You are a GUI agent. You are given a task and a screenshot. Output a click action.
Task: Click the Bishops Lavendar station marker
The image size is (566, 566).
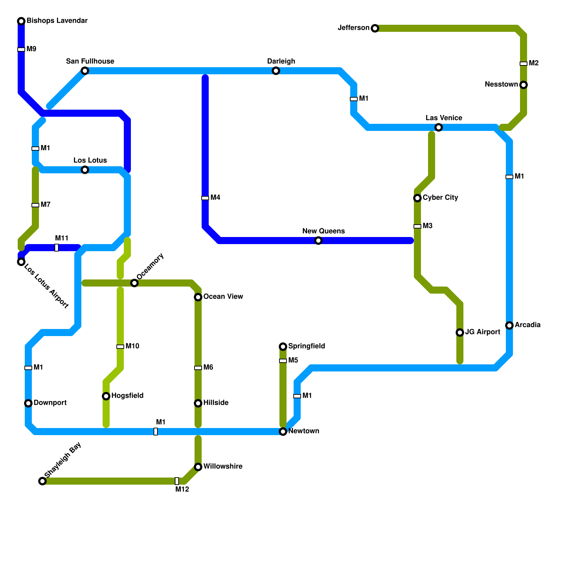[21, 21]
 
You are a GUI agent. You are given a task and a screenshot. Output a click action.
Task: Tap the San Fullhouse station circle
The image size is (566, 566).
[85, 71]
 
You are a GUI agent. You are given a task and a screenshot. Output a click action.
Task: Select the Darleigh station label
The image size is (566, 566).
[281, 61]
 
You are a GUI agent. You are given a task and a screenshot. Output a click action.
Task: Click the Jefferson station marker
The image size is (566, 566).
[375, 28]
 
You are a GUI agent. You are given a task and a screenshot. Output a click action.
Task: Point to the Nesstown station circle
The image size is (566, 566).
[524, 85]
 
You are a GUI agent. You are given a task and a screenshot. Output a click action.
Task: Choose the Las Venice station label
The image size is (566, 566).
[444, 118]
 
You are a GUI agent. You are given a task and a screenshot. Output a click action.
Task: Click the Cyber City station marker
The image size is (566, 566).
[417, 198]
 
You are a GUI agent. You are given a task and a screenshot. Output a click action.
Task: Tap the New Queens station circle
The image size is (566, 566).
[318, 241]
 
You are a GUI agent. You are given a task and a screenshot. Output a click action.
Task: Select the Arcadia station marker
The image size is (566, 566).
[509, 325]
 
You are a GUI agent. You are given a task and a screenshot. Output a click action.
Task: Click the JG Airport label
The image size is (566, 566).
[483, 332]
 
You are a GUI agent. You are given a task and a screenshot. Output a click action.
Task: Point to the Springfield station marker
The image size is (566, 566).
[283, 346]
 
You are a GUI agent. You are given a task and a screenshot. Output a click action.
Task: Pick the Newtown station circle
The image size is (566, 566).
[283, 432]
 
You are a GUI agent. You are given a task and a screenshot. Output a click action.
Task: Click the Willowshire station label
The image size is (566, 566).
[223, 466]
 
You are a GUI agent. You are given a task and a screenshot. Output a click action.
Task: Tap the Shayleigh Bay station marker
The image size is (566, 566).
[42, 481]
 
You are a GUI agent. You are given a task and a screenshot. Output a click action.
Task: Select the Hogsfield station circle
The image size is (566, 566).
[106, 396]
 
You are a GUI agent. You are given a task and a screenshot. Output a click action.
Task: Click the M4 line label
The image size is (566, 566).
[215, 197]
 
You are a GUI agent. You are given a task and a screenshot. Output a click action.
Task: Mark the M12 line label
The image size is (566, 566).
[182, 490]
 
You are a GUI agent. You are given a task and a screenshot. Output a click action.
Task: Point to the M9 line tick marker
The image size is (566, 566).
[21, 50]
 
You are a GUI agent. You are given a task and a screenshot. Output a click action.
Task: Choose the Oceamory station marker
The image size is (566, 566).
[134, 283]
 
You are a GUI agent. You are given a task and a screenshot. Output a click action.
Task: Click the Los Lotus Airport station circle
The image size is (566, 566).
[21, 262]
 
